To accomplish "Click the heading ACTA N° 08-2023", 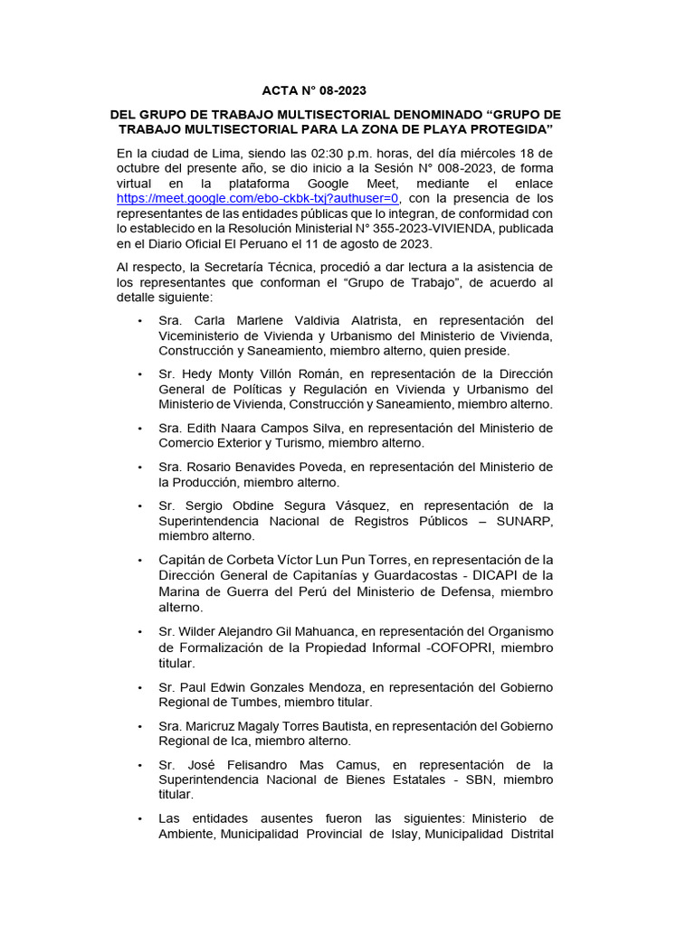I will tap(315, 91).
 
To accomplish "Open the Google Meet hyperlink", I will tap(258, 198).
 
